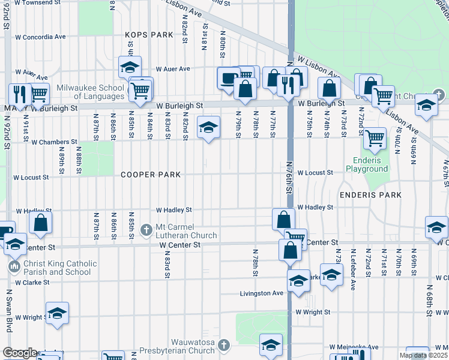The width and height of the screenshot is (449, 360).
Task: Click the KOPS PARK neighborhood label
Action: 149,35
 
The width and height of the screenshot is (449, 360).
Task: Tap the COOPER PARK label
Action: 151,175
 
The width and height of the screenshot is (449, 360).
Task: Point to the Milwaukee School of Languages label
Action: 91,92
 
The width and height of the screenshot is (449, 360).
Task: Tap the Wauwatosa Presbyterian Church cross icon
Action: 223,345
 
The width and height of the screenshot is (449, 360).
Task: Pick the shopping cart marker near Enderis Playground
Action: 375,138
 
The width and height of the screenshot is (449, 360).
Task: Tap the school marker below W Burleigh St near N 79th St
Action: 208,128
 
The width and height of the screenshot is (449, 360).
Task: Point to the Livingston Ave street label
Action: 262,293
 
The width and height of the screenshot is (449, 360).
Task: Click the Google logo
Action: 20,353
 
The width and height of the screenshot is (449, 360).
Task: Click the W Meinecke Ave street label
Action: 354,347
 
